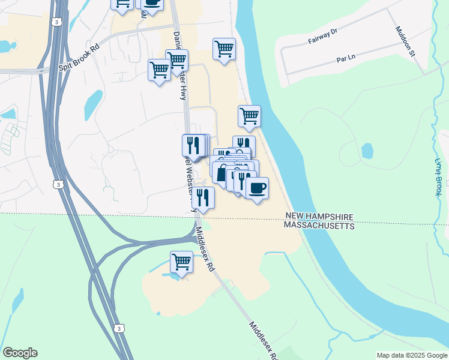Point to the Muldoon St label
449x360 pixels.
pyautogui.click(x=406, y=41)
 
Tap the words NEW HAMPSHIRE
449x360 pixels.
pyautogui.click(x=319, y=216)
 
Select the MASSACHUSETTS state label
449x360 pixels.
pyautogui.click(x=319, y=226)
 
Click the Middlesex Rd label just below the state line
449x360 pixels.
pyautogui.click(x=205, y=250)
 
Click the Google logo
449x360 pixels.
pyautogui.click(x=20, y=353)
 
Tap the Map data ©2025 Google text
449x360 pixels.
pyautogui.click(x=412, y=355)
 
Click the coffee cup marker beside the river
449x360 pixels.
pyautogui.click(x=257, y=188)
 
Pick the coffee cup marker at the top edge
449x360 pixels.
pyautogui.click(x=152, y=3)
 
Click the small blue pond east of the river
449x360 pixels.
pyautogui.click(x=367, y=151)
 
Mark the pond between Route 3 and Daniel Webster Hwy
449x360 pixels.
pyautogui.click(x=93, y=104)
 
